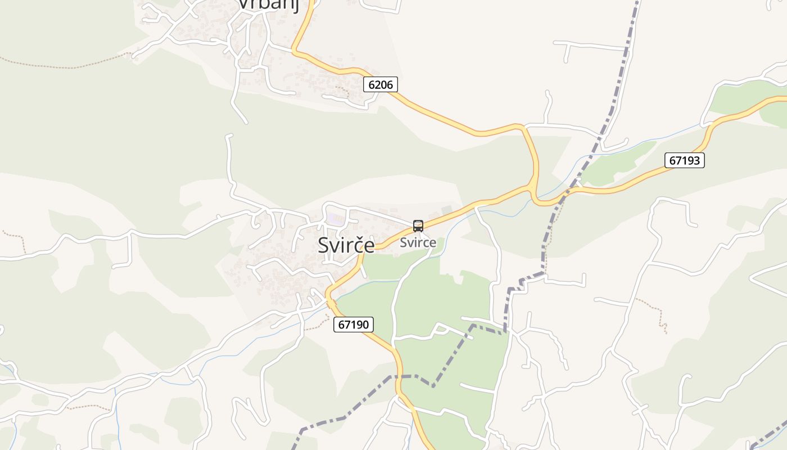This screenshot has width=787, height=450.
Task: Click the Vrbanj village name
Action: [267, 4]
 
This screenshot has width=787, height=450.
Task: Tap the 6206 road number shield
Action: [381, 85]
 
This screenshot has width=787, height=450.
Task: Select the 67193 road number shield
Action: [684, 160]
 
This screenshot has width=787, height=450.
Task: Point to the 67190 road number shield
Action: [354, 325]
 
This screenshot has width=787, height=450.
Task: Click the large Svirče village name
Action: [346, 245]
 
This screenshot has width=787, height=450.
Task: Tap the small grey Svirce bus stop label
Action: [418, 243]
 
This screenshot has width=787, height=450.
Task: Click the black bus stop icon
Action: [418, 226]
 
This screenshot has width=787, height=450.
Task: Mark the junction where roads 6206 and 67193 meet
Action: [532, 187]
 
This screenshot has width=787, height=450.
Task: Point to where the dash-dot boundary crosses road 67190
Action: [399, 376]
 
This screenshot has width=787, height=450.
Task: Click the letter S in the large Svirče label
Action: [324, 245]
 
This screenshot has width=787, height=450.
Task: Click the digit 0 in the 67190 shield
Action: [365, 325]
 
